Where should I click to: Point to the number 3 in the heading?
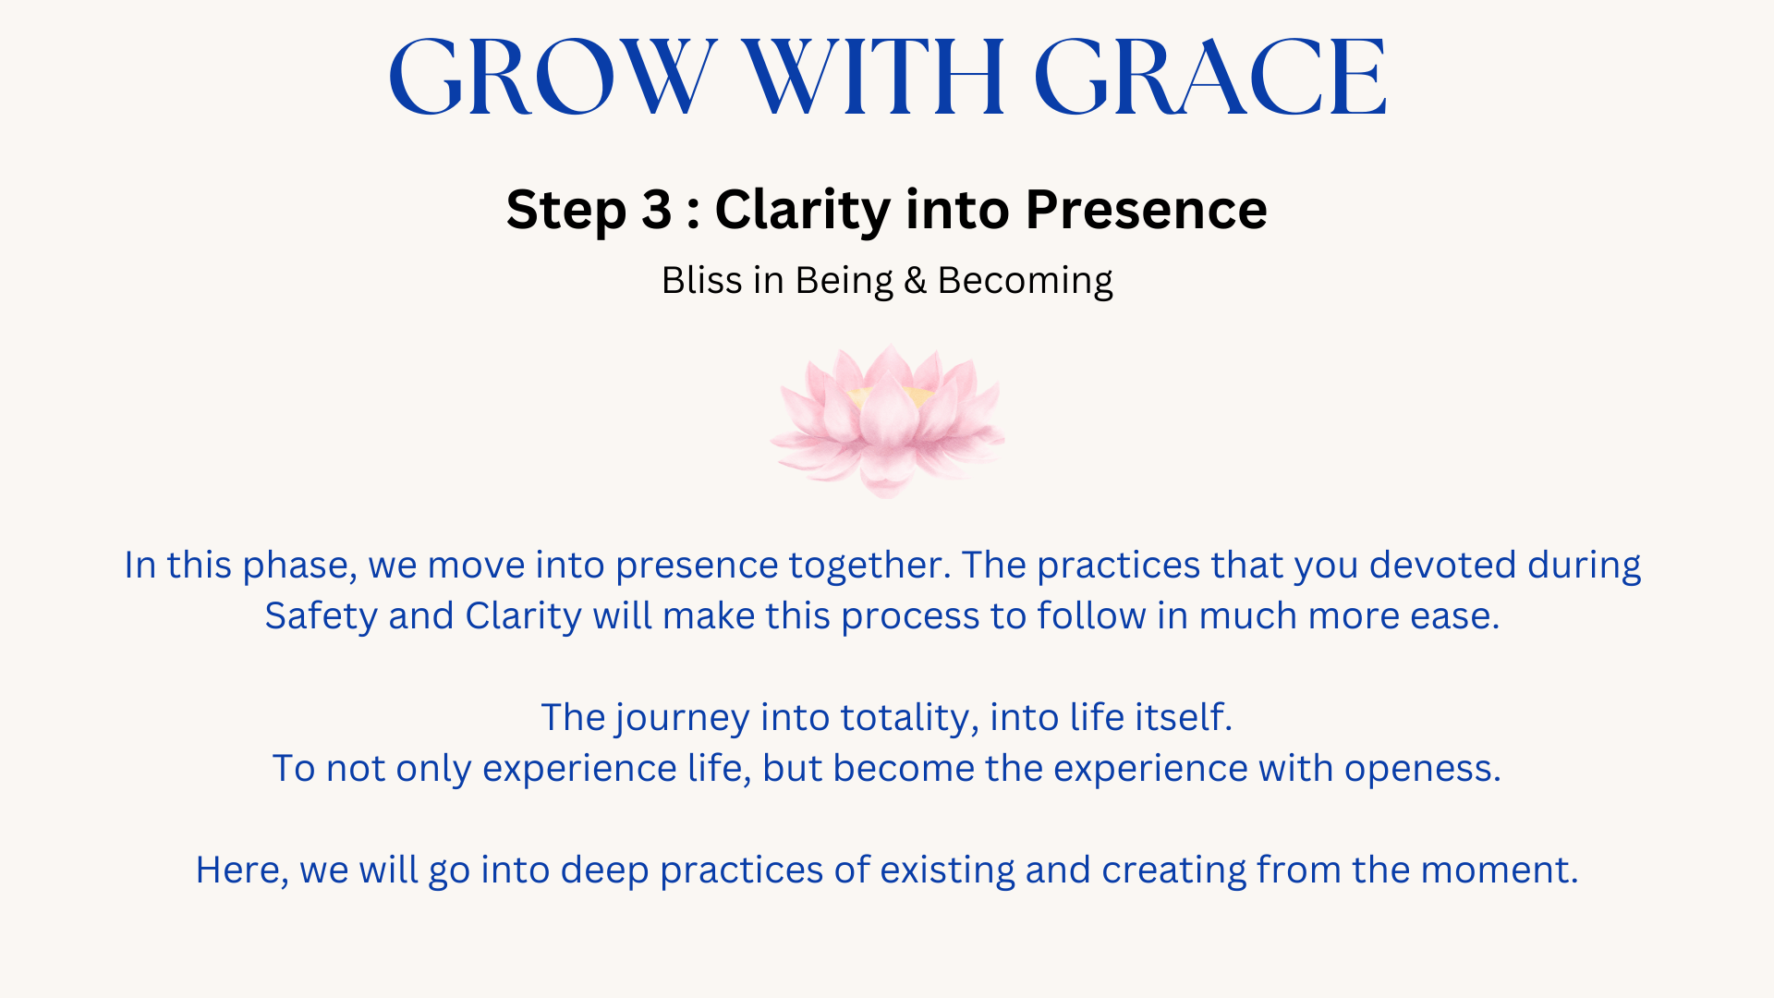coord(656,210)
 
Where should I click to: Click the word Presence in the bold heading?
coord(1146,210)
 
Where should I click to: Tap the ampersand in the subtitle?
coord(915,281)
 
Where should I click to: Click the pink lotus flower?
coord(887,420)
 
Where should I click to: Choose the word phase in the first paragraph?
coord(299,566)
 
